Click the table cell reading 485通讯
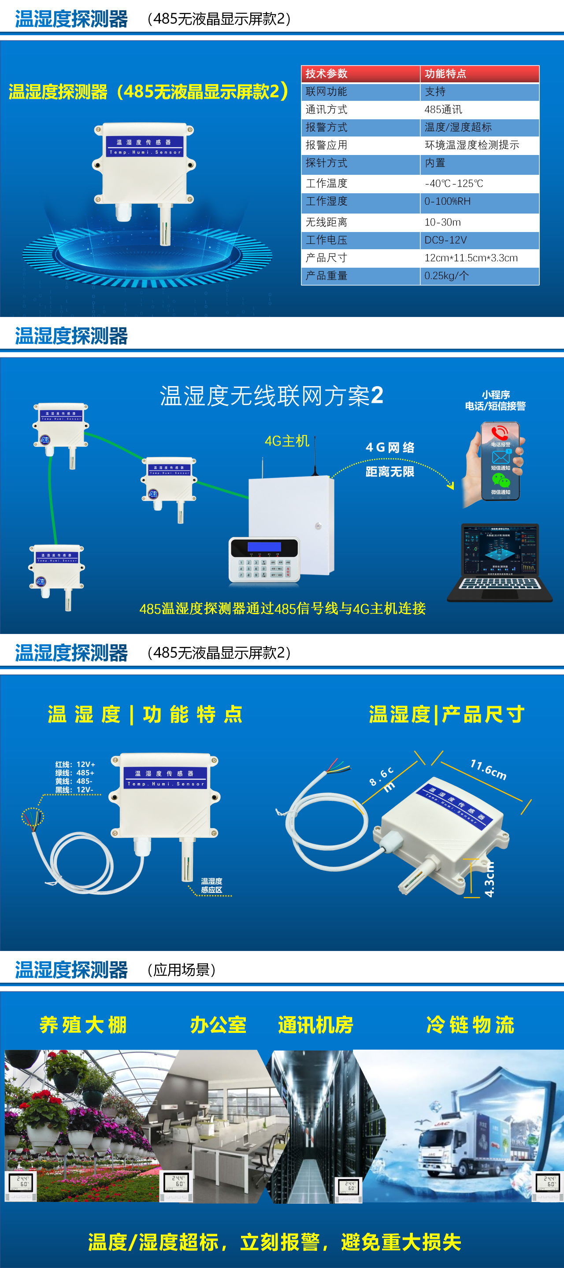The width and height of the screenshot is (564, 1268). tap(443, 109)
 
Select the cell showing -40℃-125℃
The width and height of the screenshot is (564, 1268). tap(454, 184)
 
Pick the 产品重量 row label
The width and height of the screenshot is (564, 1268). tap(326, 276)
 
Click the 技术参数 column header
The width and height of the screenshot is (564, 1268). tap(326, 74)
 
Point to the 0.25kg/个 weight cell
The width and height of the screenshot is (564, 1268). tap(446, 276)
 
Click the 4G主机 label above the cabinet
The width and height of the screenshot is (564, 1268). tap(287, 441)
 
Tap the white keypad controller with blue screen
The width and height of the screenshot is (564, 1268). tap(264, 560)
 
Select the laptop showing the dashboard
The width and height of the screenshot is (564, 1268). tap(500, 563)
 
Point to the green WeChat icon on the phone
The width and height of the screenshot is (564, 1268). tap(501, 480)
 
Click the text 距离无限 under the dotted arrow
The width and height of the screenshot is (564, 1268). tap(390, 472)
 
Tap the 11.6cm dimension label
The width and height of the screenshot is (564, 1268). tap(488, 769)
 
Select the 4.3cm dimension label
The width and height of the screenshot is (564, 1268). tap(489, 879)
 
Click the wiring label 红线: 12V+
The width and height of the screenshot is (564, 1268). tap(75, 764)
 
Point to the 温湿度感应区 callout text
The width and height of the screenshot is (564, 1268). tap(211, 885)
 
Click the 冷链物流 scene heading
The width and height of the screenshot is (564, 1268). tap(470, 1025)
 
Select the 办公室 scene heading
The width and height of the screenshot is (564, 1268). tap(218, 1025)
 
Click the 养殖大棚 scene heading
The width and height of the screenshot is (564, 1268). tap(83, 1025)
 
